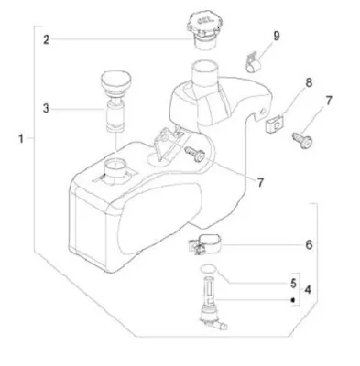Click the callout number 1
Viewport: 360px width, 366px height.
[21, 139]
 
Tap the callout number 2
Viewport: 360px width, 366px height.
[46, 39]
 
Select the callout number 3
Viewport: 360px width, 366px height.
[46, 109]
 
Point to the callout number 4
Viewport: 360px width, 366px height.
[308, 290]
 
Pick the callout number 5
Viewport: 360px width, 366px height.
[293, 284]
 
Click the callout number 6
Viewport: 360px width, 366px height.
[309, 244]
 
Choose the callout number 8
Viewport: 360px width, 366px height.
[309, 82]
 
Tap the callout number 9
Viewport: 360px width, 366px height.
[277, 36]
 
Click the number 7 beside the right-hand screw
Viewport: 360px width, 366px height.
[329, 101]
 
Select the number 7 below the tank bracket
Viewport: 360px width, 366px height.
[260, 182]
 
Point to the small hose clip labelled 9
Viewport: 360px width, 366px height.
[253, 63]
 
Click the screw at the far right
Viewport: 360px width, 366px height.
[302, 140]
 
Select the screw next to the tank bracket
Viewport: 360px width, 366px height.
[195, 153]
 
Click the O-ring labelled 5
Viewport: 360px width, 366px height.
[209, 268]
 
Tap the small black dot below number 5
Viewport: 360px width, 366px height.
[292, 300]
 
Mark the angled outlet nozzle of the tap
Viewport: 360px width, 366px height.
[221, 326]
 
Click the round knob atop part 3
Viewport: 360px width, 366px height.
[115, 81]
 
